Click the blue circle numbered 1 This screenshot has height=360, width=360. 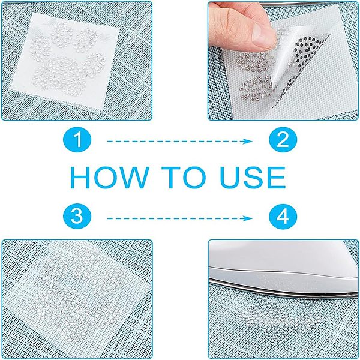tap(77, 140)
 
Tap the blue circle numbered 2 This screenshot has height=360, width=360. tap(283, 140)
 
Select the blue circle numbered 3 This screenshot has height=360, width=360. tap(77, 216)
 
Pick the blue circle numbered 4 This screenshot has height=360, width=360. tap(283, 216)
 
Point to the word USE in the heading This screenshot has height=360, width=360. tap(253, 178)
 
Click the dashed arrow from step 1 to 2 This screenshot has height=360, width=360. tap(180, 141)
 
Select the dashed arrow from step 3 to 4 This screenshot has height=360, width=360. tap(180, 218)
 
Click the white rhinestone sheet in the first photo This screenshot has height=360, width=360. tap(65, 59)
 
